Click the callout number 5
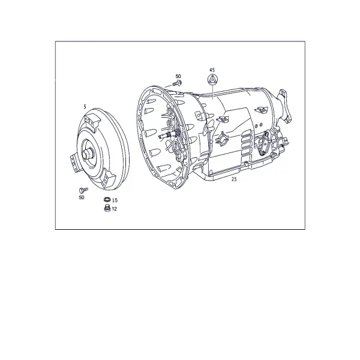click(85, 107)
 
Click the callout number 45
click(212, 70)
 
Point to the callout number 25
click(234, 179)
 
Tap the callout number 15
click(115, 200)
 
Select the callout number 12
click(114, 209)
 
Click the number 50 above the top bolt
click(178, 76)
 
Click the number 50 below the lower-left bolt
click(82, 197)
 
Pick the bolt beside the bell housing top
click(177, 83)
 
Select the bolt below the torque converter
click(83, 190)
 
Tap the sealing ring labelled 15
click(107, 199)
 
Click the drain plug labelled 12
click(107, 208)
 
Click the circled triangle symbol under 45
click(212, 79)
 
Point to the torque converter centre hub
click(88, 153)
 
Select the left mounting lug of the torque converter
click(75, 163)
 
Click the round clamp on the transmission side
click(222, 139)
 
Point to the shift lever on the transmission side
click(264, 143)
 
